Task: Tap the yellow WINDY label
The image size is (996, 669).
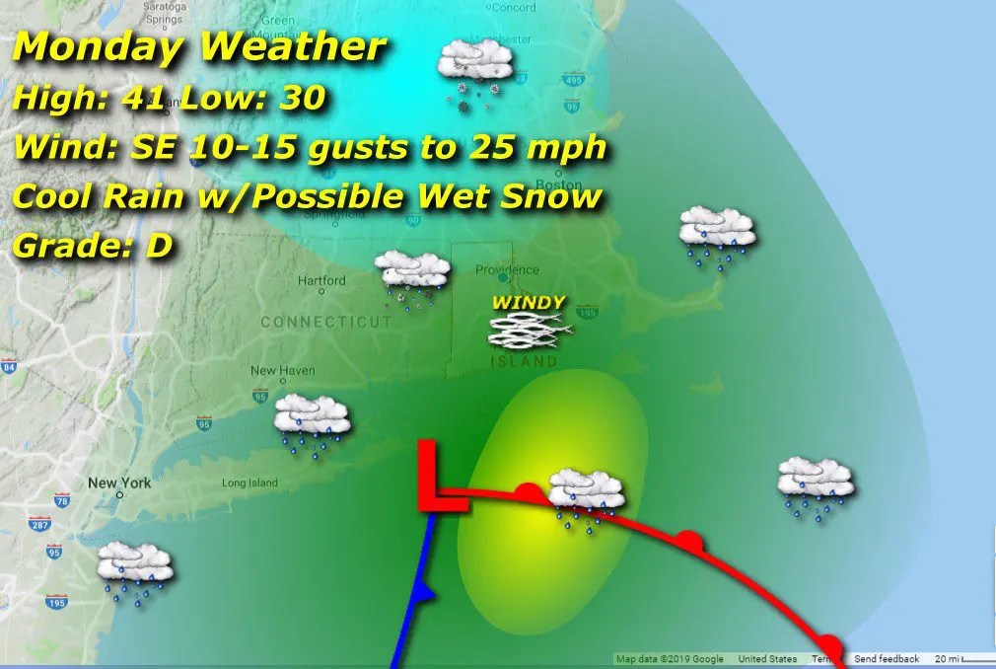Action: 530,303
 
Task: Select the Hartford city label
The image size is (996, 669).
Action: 322,280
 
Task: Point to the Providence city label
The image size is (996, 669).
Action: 507,269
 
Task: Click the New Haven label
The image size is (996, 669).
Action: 276,371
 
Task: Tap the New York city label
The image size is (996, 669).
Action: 119,483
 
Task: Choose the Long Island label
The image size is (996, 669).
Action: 249,483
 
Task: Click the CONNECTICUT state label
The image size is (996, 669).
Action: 326,322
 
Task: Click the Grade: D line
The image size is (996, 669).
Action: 93,247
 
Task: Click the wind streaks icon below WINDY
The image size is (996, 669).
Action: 530,331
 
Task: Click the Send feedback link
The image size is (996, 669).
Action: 887,659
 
